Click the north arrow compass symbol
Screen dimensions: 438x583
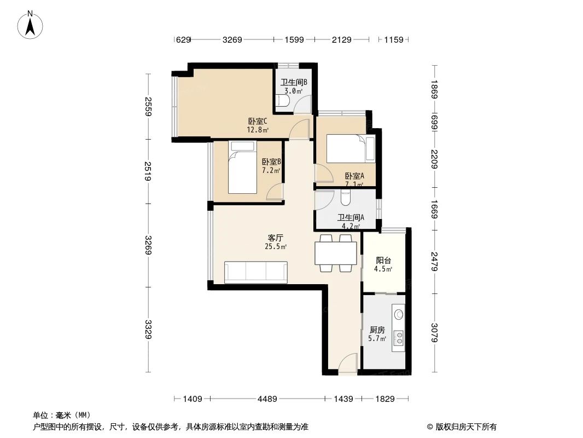[32, 25]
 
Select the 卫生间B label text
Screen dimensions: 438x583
[294, 83]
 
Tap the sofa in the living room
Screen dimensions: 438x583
[256, 272]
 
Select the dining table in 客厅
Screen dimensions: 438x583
[336, 253]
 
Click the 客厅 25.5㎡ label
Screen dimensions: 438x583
[276, 242]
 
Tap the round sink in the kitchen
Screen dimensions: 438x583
[399, 314]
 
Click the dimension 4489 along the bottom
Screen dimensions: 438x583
[267, 399]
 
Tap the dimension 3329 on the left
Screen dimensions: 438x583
[148, 330]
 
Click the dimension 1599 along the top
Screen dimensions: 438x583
[294, 39]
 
